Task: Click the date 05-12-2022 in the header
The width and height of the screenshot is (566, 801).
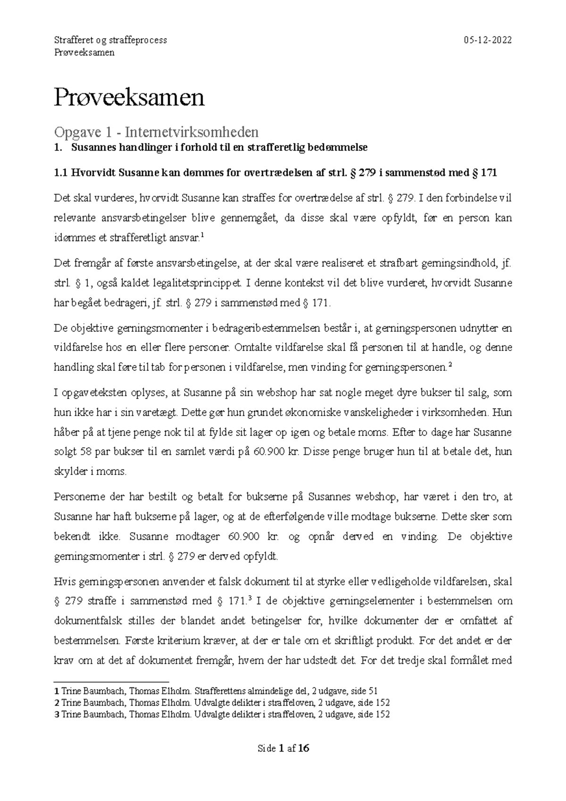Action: (488, 40)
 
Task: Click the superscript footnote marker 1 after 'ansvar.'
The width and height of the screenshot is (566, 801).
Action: (202, 235)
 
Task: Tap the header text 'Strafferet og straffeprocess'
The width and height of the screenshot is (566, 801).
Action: (111, 40)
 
